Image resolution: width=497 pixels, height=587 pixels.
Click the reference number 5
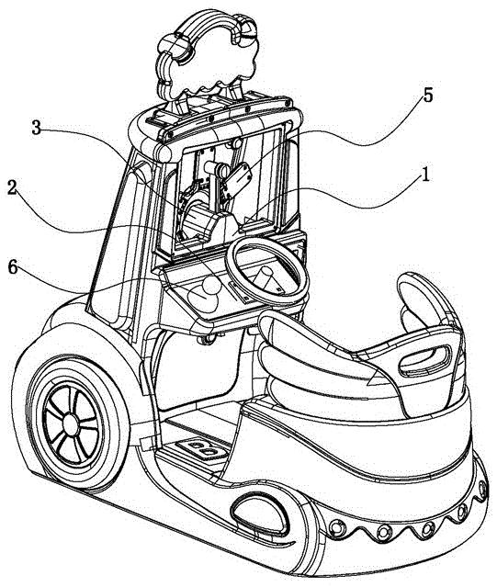427,96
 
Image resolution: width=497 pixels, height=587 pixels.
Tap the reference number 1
424,175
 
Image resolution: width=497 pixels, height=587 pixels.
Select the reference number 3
36,128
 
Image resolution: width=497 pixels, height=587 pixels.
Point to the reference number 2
12,188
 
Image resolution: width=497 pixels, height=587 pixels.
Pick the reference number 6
13,267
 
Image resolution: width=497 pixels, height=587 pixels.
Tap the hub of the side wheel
70,423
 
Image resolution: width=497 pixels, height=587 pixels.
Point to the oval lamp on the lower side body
260,513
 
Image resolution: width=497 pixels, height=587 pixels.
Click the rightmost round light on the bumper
482,489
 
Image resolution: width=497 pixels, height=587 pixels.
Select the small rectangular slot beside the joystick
240,292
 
